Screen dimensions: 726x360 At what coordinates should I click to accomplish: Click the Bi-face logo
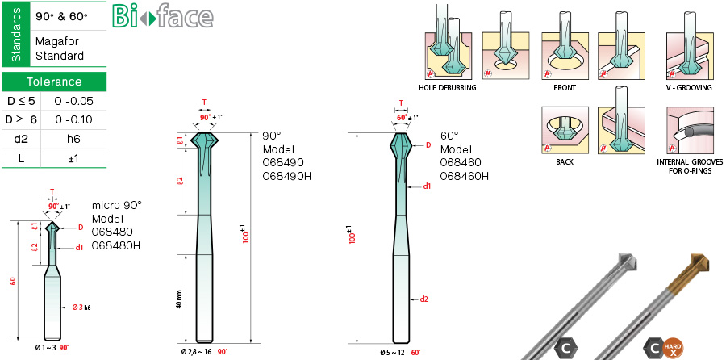coord(162,17)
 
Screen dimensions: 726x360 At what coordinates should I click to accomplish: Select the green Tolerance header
coord(54,82)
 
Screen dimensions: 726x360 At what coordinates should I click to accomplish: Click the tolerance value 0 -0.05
coord(73,101)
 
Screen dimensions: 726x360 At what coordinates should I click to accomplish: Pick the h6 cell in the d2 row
coord(73,139)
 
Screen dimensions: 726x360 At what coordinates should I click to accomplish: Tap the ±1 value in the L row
coord(73,158)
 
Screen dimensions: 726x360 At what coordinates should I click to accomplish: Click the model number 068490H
coord(286,176)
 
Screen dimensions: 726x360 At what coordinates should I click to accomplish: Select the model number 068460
coord(461,162)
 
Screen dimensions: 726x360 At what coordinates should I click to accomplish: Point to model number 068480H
coord(116,245)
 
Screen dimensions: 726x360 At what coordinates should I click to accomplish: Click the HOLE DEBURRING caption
coord(447,87)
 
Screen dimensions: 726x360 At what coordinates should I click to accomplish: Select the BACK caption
coord(565,162)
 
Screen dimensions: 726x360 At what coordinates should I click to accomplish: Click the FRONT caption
coord(565,87)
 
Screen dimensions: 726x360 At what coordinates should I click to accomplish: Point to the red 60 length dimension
coord(13,281)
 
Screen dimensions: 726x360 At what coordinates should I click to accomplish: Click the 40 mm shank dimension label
coord(179,299)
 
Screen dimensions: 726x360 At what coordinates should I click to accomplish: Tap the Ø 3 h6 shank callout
coord(81,307)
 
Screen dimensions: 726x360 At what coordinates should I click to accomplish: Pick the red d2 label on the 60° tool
coord(423,299)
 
